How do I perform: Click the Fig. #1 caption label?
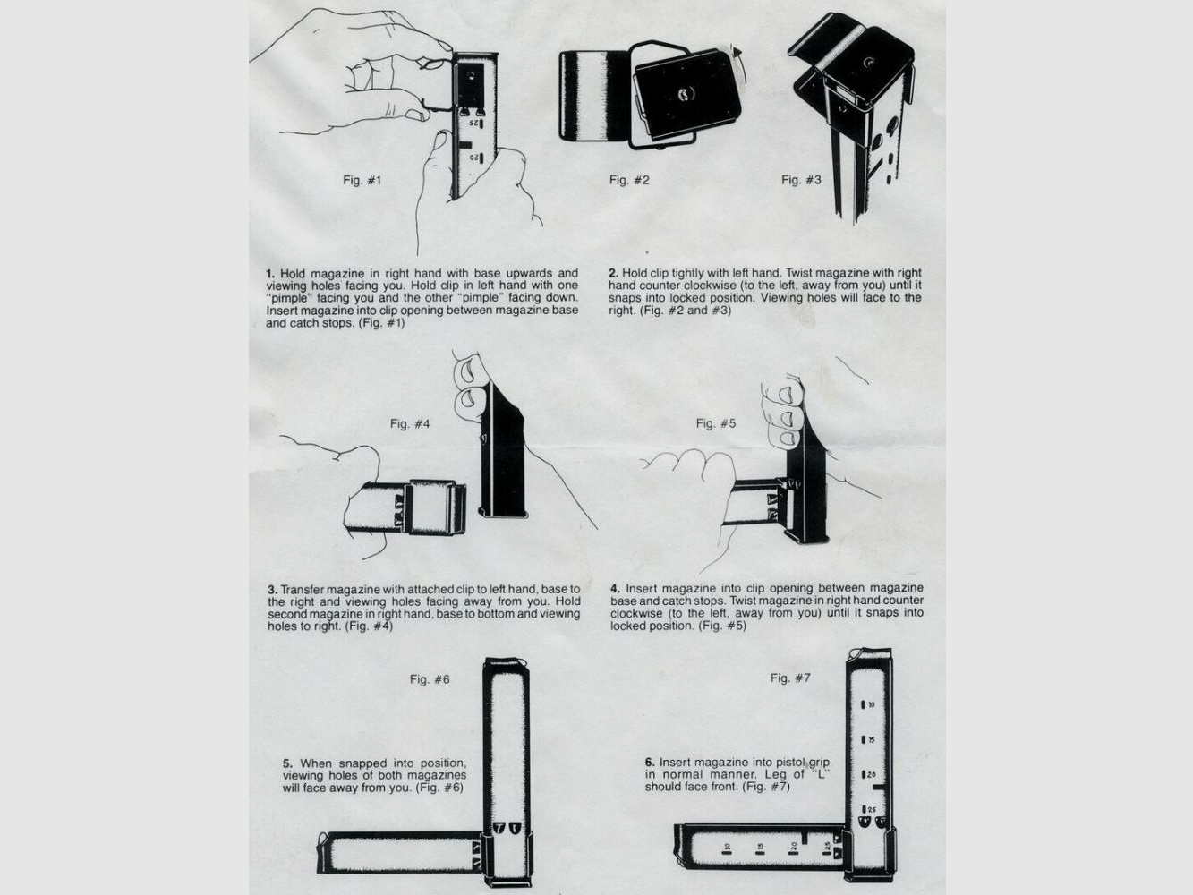pyautogui.click(x=362, y=180)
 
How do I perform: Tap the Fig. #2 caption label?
pyautogui.click(x=629, y=180)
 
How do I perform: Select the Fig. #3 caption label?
pyautogui.click(x=801, y=180)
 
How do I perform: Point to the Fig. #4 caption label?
pyautogui.click(x=410, y=423)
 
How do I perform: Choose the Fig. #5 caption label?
pyautogui.click(x=716, y=423)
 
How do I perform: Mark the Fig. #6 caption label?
pyautogui.click(x=430, y=679)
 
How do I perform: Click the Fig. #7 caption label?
pyautogui.click(x=790, y=678)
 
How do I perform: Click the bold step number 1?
pyautogui.click(x=270, y=273)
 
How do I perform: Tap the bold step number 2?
pyautogui.click(x=613, y=273)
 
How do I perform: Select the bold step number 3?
pyautogui.click(x=272, y=590)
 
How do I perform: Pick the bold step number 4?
pyautogui.click(x=615, y=588)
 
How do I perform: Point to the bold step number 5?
pyautogui.click(x=287, y=763)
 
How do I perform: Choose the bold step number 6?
pyautogui.click(x=650, y=763)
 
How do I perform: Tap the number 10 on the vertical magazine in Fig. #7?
pyautogui.click(x=871, y=705)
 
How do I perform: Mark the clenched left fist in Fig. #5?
pyautogui.click(x=689, y=470)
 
